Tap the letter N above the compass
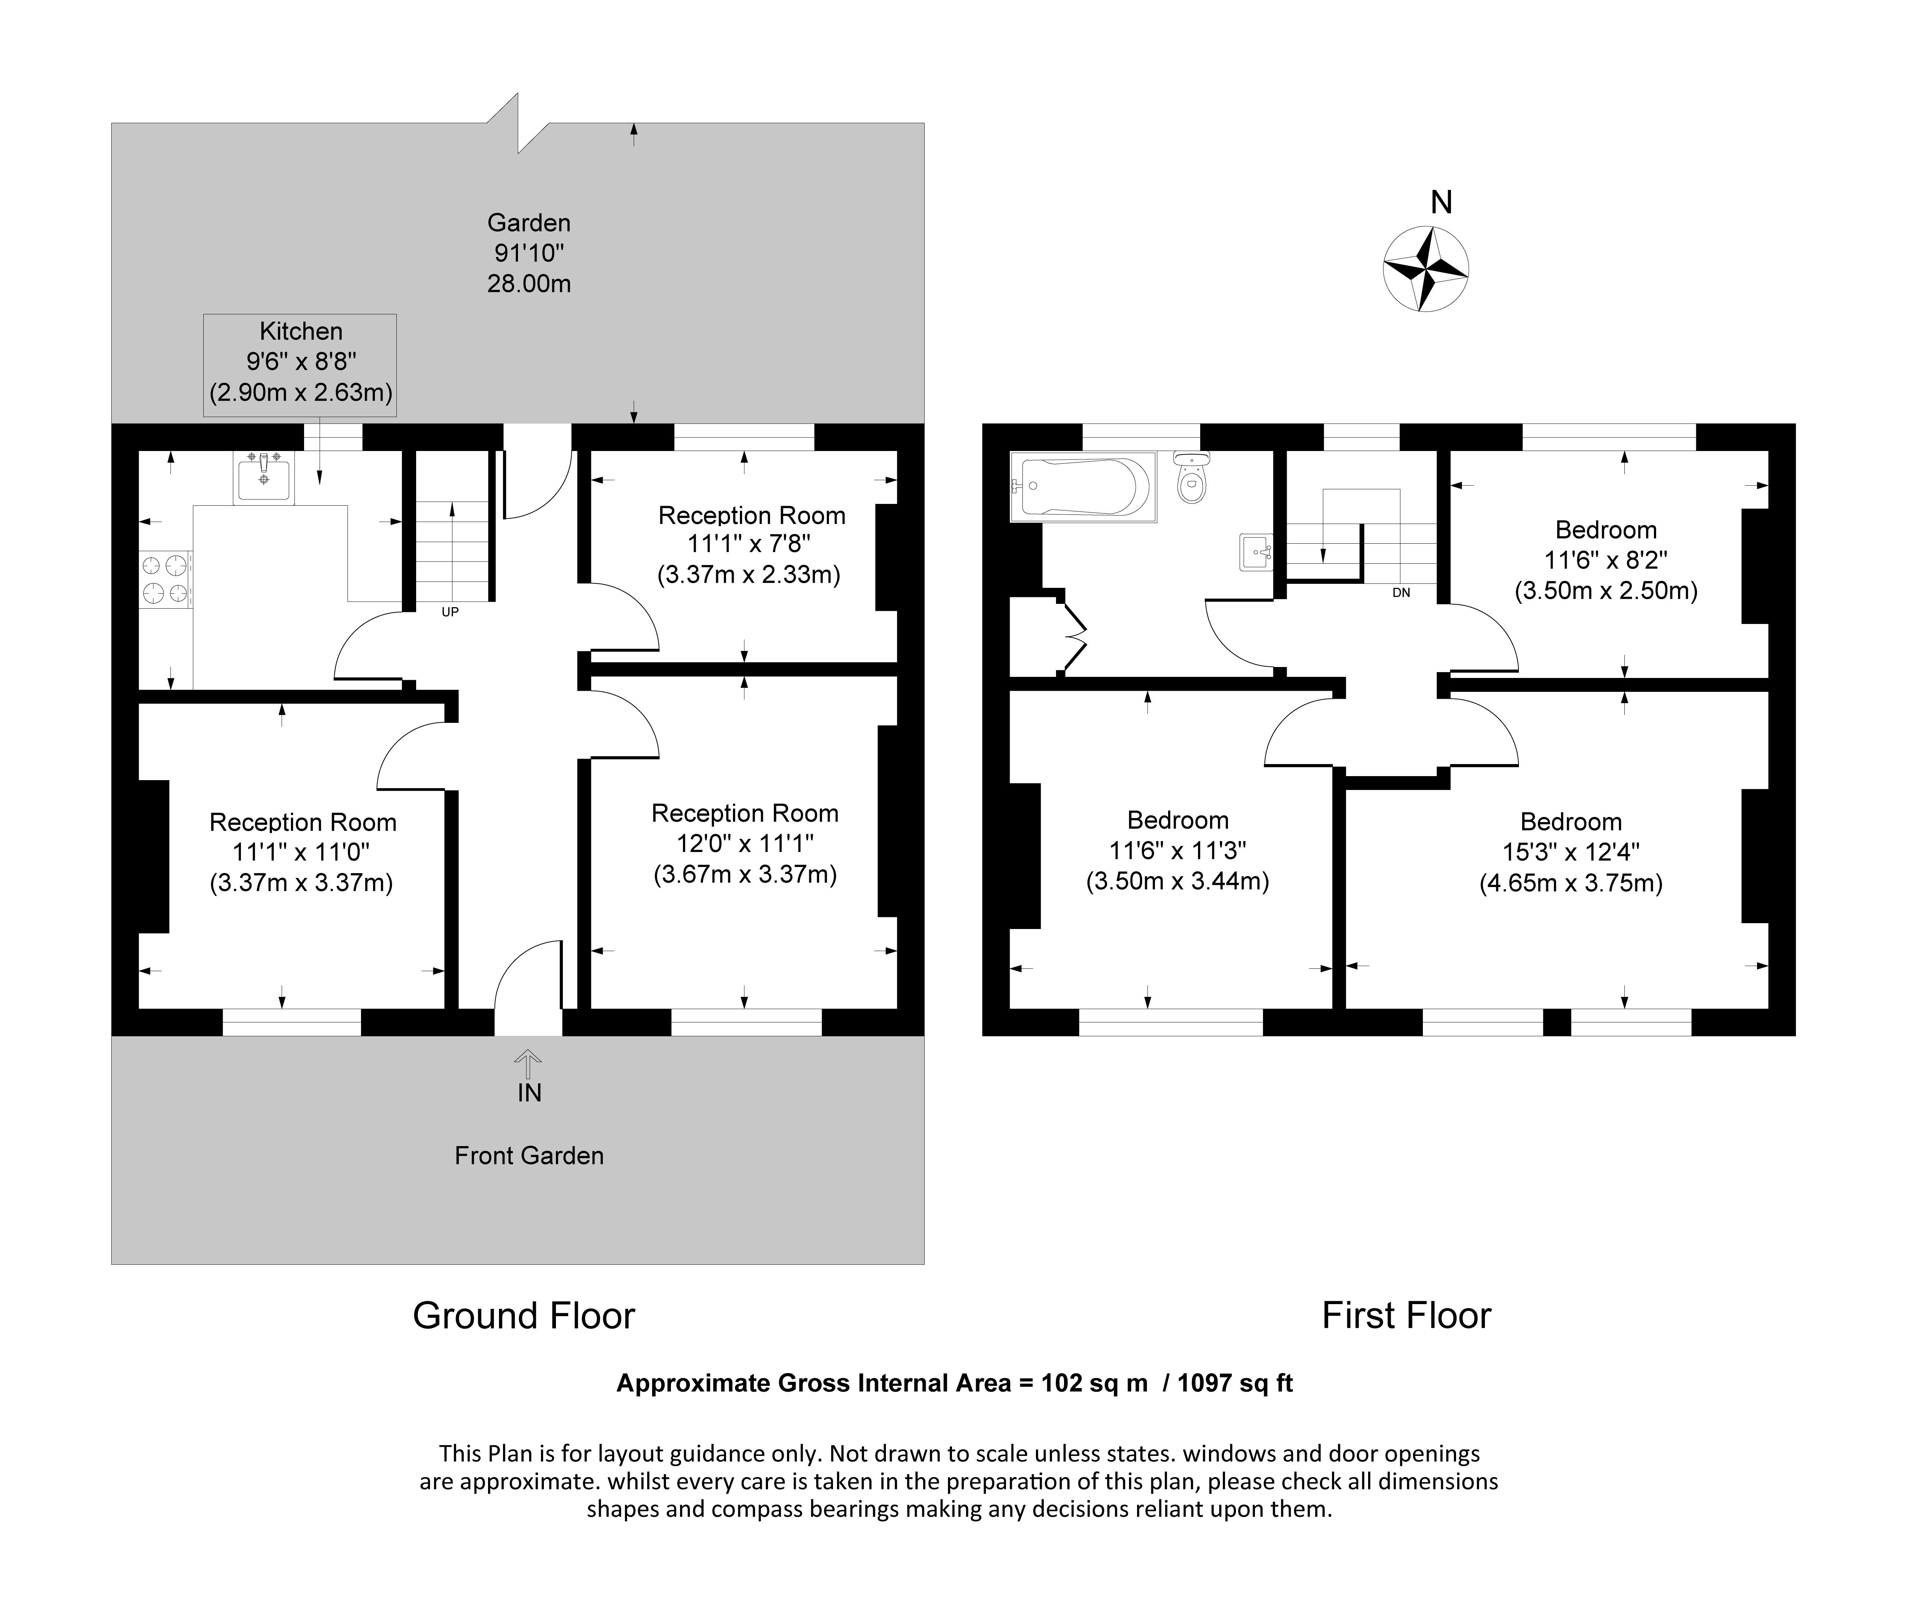point(1441,202)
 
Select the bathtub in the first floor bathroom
point(1083,486)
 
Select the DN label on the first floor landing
point(1401,593)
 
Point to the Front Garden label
point(529,1156)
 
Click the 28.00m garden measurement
point(529,284)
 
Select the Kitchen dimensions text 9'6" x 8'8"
point(301,362)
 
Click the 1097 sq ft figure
point(1235,1383)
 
